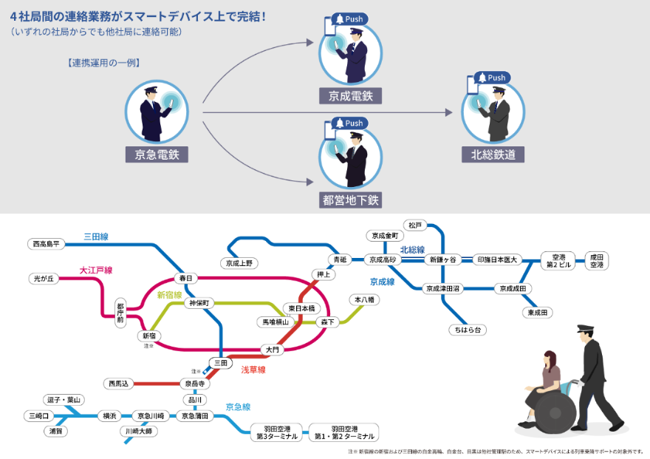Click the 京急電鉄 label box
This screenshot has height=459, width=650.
click(156, 154)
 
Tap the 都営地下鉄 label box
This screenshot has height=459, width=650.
click(351, 200)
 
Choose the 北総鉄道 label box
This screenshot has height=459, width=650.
click(493, 154)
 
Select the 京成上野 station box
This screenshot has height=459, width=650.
click(239, 262)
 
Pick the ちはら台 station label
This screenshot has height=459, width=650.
click(467, 330)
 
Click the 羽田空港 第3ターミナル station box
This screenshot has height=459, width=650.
click(276, 432)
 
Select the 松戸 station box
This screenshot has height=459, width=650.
click(414, 225)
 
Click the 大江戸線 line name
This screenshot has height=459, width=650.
click(95, 271)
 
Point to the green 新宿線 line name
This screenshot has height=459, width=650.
click(169, 295)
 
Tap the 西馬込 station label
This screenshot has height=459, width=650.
click(119, 384)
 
